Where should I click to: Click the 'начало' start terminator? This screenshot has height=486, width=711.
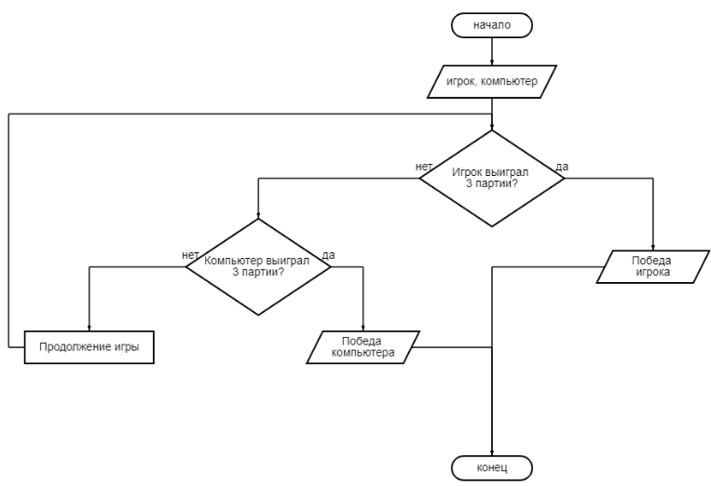point(492,25)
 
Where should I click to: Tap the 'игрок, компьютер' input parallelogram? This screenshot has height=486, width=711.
point(492,81)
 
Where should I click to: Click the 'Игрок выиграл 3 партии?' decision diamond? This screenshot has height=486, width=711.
point(492,178)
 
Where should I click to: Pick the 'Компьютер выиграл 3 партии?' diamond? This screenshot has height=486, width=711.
point(259,266)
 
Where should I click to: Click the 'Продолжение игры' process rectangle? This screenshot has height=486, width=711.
point(89,346)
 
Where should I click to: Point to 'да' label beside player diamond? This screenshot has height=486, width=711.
point(562,167)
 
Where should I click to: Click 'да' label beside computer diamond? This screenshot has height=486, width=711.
point(328,254)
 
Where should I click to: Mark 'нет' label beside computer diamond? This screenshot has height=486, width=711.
point(190,254)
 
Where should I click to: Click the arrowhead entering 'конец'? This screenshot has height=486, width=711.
point(492,450)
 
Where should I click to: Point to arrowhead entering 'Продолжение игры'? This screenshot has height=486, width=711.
point(89,327)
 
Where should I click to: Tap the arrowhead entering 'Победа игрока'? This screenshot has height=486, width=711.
point(653,246)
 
